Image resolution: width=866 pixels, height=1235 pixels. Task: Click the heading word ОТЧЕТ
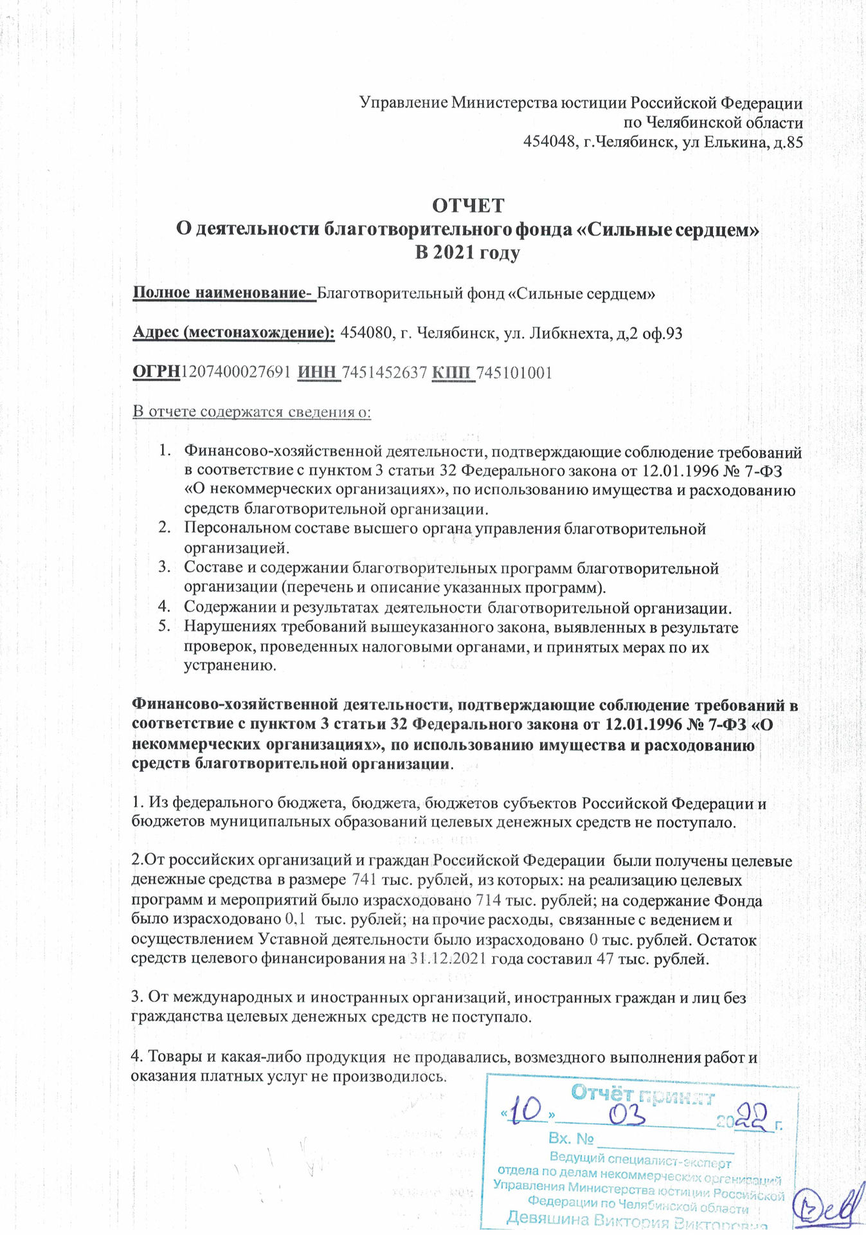[468, 206]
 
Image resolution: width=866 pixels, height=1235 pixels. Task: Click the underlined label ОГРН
[156, 372]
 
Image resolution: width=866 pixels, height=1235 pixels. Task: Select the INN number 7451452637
[384, 372]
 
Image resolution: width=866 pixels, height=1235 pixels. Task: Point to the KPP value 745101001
[514, 372]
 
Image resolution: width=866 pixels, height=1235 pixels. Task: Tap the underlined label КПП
[453, 372]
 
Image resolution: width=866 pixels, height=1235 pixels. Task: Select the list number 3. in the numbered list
[165, 567]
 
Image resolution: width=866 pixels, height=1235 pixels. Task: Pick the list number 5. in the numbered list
[165, 627]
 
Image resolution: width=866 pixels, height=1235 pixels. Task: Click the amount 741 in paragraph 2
[365, 880]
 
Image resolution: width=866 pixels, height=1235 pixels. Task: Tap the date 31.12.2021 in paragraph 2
[448, 958]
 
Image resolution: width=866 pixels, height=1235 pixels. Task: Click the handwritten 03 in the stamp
[627, 1116]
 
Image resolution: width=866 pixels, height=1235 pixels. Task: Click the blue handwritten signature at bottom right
[829, 1209]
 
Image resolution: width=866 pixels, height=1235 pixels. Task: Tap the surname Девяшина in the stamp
[547, 1218]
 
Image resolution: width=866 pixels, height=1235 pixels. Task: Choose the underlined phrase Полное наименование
[222, 293]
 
